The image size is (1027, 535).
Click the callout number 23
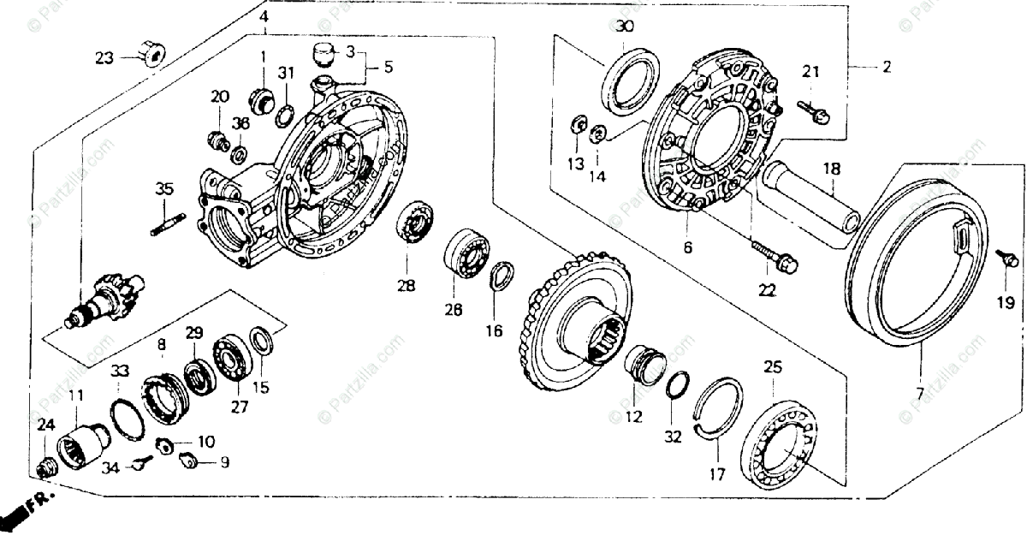(104, 57)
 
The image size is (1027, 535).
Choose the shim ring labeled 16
(502, 279)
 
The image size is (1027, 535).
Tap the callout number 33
(121, 371)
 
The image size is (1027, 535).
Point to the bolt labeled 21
(811, 109)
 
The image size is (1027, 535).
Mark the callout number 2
(887, 66)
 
